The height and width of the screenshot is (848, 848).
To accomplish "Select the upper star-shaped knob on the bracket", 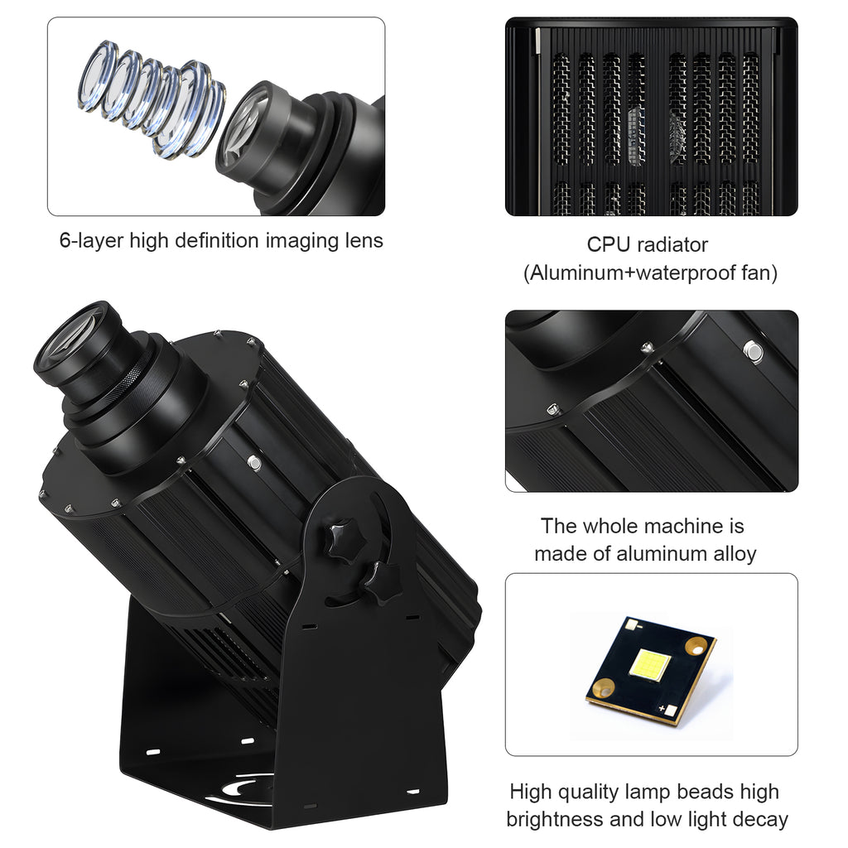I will tap(341, 539).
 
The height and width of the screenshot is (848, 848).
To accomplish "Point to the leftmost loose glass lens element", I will tap(96, 75).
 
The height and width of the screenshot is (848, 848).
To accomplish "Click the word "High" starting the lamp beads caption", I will tap(531, 792).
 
